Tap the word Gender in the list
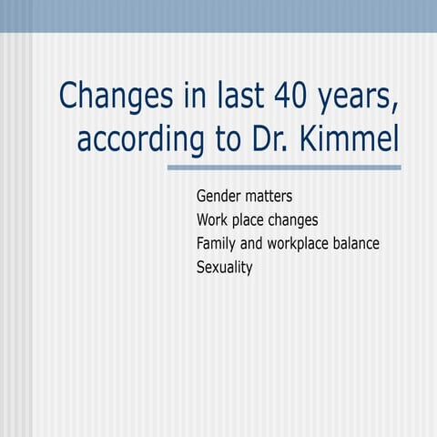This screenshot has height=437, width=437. tap(219, 196)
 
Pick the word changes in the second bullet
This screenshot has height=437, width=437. tap(297, 220)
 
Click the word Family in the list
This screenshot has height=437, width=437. tap(217, 244)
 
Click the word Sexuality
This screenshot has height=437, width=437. tap(224, 268)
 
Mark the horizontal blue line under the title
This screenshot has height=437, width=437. tap(284, 168)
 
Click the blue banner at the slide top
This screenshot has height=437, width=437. tap(218, 15)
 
